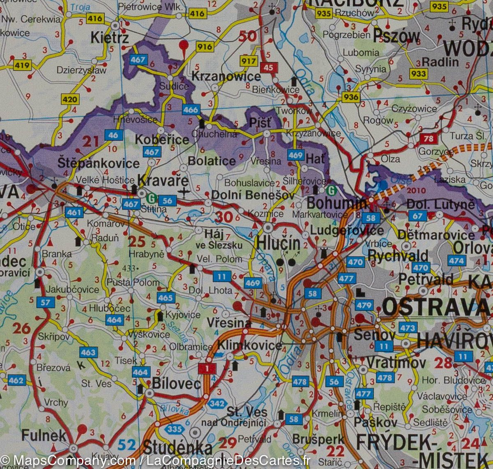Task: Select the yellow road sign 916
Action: [204, 46]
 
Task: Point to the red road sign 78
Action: [428, 138]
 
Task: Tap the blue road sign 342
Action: [217, 403]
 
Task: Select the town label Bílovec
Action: [176, 384]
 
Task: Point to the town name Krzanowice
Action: [226, 76]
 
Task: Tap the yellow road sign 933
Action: [418, 74]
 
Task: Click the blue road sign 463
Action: [88, 352]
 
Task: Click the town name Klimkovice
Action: [249, 345]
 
